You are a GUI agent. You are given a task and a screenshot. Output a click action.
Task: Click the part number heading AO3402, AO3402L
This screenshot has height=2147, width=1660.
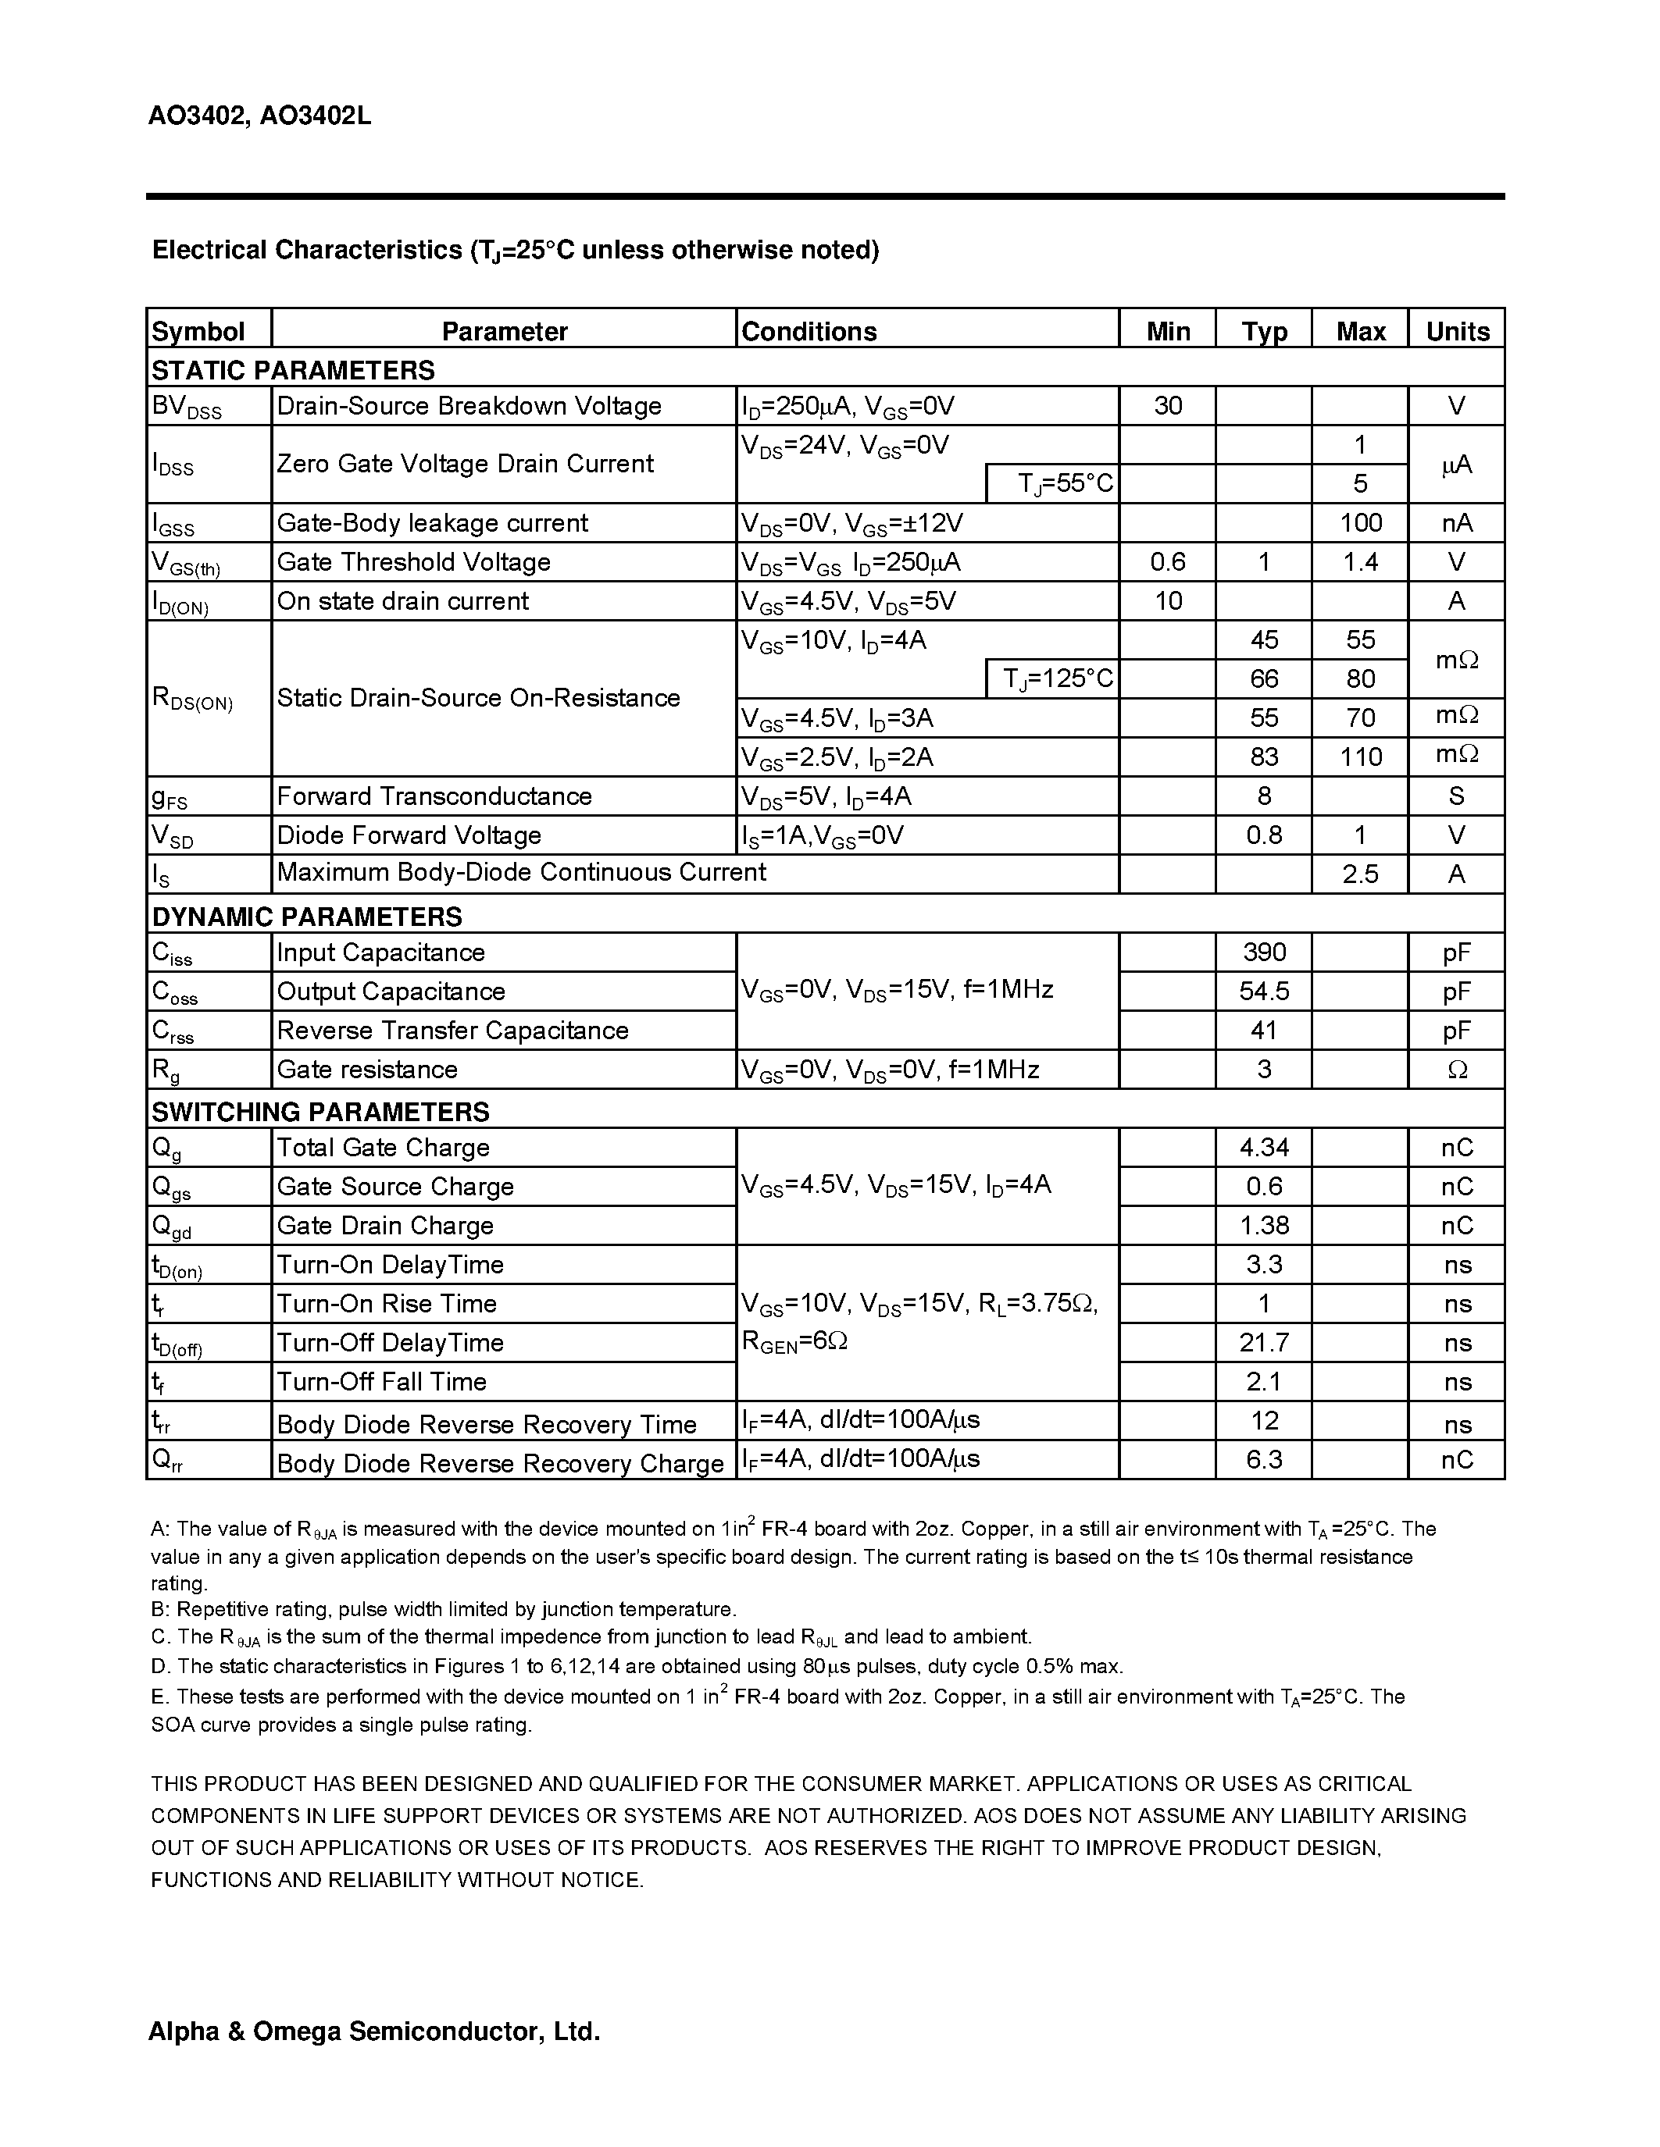(x=259, y=117)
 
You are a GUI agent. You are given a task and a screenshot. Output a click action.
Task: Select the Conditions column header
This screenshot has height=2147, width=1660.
(x=809, y=331)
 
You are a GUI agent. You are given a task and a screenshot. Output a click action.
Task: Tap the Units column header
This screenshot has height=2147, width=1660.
(x=1458, y=331)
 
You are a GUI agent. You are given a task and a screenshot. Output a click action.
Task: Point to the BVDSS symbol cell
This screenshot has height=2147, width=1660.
(x=187, y=407)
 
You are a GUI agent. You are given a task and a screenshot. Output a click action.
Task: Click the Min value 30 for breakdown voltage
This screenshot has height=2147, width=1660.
(x=1167, y=405)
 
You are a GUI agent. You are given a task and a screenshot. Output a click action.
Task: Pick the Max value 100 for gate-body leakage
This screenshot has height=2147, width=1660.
(x=1360, y=523)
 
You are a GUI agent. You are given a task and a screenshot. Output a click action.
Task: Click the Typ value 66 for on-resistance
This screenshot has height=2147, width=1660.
(x=1264, y=678)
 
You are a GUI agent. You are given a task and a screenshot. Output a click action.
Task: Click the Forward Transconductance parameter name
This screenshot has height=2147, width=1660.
(x=434, y=796)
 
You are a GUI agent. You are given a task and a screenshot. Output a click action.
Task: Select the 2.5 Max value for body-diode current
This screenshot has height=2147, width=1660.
(x=1360, y=874)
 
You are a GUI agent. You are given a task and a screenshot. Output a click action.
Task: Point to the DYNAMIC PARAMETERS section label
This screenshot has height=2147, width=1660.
(x=307, y=917)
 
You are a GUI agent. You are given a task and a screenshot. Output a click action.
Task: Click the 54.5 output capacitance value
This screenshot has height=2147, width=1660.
(x=1264, y=991)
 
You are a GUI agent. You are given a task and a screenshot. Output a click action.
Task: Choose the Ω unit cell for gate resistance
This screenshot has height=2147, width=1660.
(x=1458, y=1070)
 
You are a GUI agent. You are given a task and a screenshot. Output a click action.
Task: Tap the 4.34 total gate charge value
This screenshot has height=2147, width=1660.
(x=1264, y=1147)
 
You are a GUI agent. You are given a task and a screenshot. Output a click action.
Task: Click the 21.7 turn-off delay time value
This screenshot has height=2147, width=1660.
(x=1264, y=1342)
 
